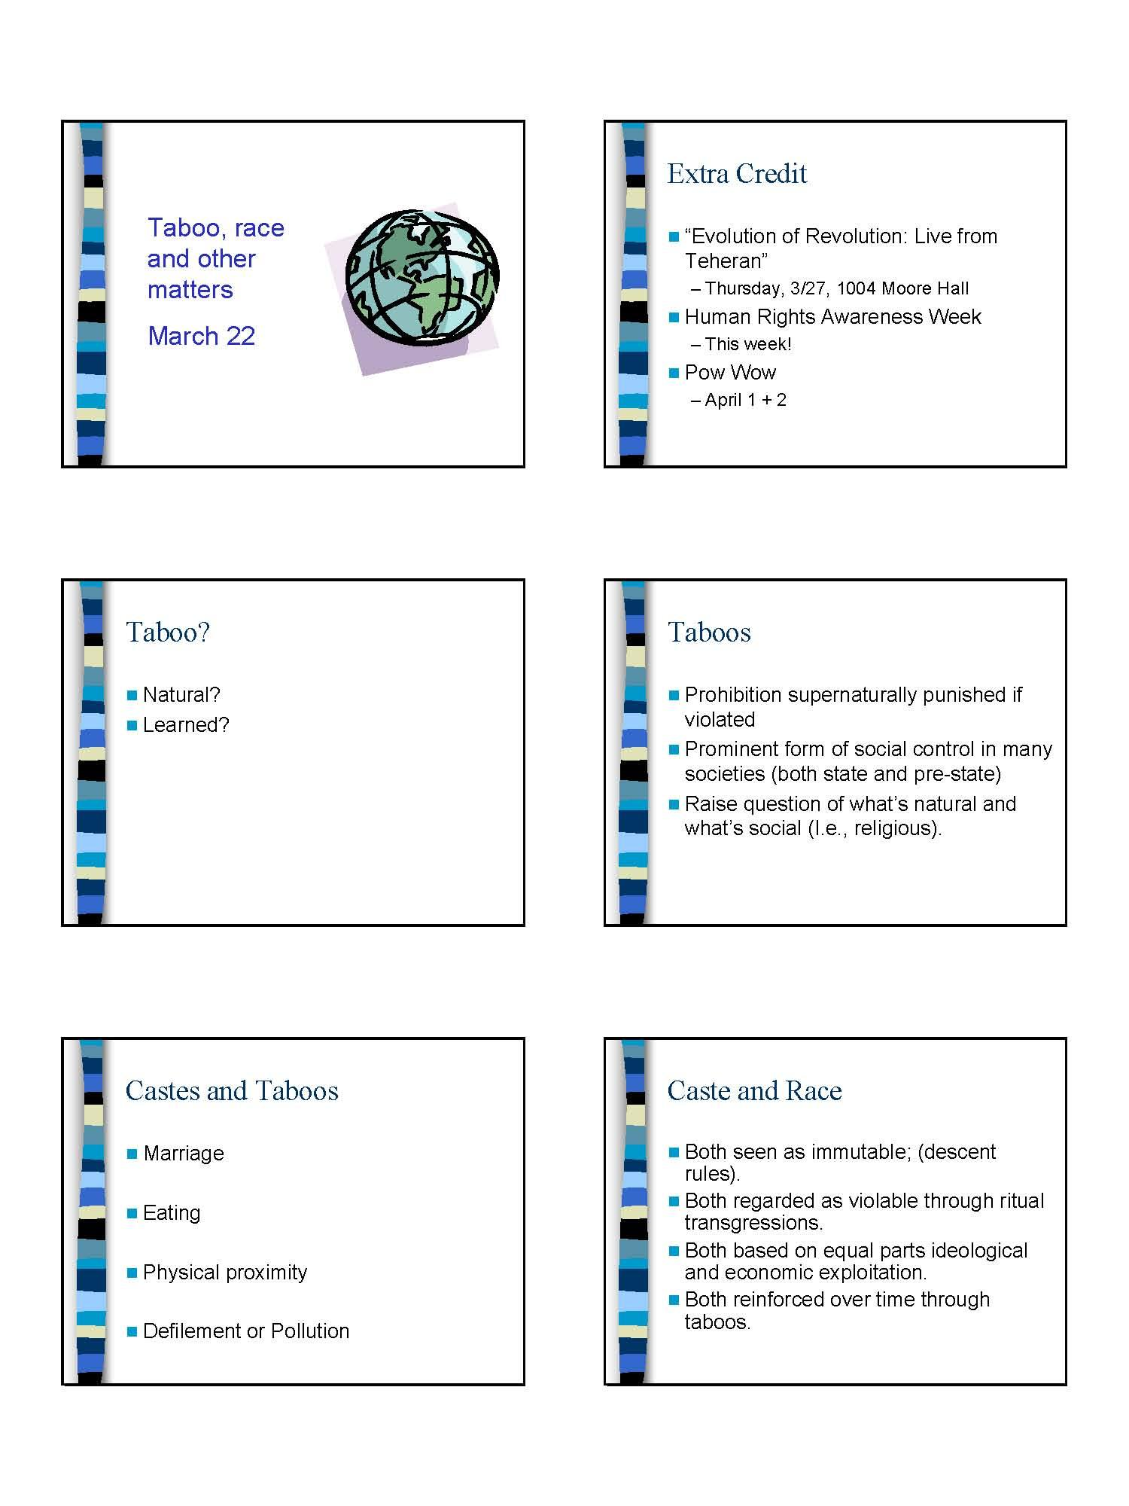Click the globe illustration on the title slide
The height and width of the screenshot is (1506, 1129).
421,277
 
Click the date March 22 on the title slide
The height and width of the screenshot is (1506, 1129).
202,336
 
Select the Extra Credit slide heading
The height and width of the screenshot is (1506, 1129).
737,174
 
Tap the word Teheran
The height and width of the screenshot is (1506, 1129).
726,261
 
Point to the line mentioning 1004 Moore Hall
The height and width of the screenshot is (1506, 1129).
836,288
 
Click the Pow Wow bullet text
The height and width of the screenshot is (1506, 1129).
729,373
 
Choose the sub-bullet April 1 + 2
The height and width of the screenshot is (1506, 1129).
745,400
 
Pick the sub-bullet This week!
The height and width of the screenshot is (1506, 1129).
747,344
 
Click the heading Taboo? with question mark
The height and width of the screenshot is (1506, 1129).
168,633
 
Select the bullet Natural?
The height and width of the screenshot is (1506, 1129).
181,694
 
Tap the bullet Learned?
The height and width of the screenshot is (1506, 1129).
186,724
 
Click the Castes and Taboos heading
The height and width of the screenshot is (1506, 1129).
232,1091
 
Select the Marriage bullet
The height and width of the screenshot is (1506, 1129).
184,1154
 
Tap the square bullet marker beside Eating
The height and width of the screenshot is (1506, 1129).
132,1213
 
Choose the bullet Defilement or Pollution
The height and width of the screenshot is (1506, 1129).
246,1331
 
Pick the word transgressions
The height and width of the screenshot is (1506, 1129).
753,1222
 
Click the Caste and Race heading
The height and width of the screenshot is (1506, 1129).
754,1091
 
